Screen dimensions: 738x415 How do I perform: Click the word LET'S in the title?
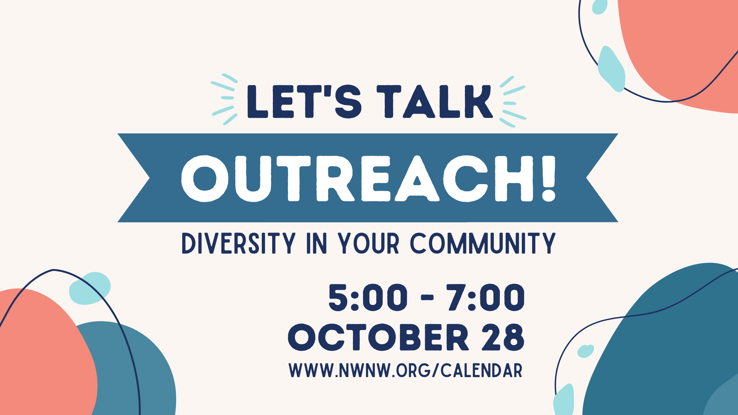[x=304, y=101]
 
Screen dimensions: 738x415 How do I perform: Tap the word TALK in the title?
[x=435, y=101]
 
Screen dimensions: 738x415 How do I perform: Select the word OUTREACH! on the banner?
[x=368, y=178]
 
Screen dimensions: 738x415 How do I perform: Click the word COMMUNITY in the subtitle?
[x=483, y=243]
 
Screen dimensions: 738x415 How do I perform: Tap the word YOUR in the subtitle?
[x=369, y=243]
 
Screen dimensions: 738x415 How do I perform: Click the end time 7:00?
[x=485, y=297]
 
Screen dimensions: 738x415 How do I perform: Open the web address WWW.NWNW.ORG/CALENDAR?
[x=406, y=370]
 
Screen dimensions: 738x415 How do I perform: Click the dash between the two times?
[x=427, y=298]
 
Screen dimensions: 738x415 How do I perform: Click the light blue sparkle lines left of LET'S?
[x=224, y=99]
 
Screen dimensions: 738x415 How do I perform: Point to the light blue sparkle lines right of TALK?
[x=513, y=101]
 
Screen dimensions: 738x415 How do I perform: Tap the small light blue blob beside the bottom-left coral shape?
[x=90, y=289]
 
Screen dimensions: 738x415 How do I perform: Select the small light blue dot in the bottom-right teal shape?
[x=585, y=351]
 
